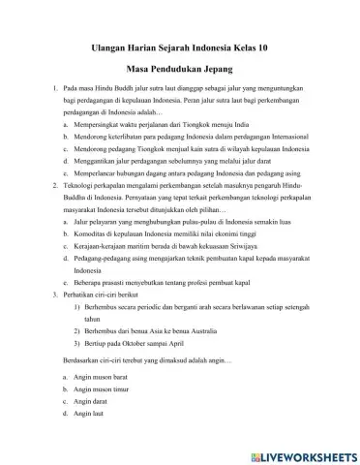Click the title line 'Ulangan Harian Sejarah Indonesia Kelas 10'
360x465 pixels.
[180, 44]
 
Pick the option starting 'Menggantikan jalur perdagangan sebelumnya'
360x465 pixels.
[174, 166]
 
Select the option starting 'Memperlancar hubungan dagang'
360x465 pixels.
[184, 180]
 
